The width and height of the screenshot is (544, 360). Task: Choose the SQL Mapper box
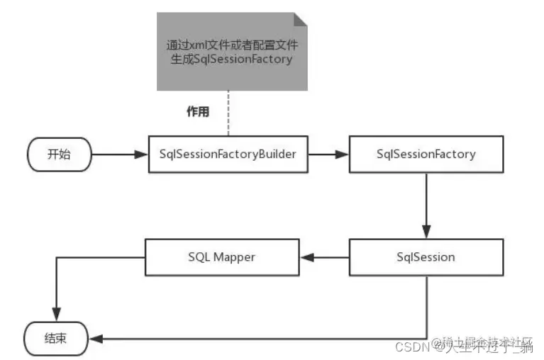coord(222,257)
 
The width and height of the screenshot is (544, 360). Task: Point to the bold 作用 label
coord(197,111)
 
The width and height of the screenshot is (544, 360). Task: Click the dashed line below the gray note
coord(228,113)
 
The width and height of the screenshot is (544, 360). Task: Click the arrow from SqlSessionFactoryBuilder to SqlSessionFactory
coord(328,154)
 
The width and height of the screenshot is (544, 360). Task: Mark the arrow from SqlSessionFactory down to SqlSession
coord(426,206)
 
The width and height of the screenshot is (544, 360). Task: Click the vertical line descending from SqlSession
coord(426,305)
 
